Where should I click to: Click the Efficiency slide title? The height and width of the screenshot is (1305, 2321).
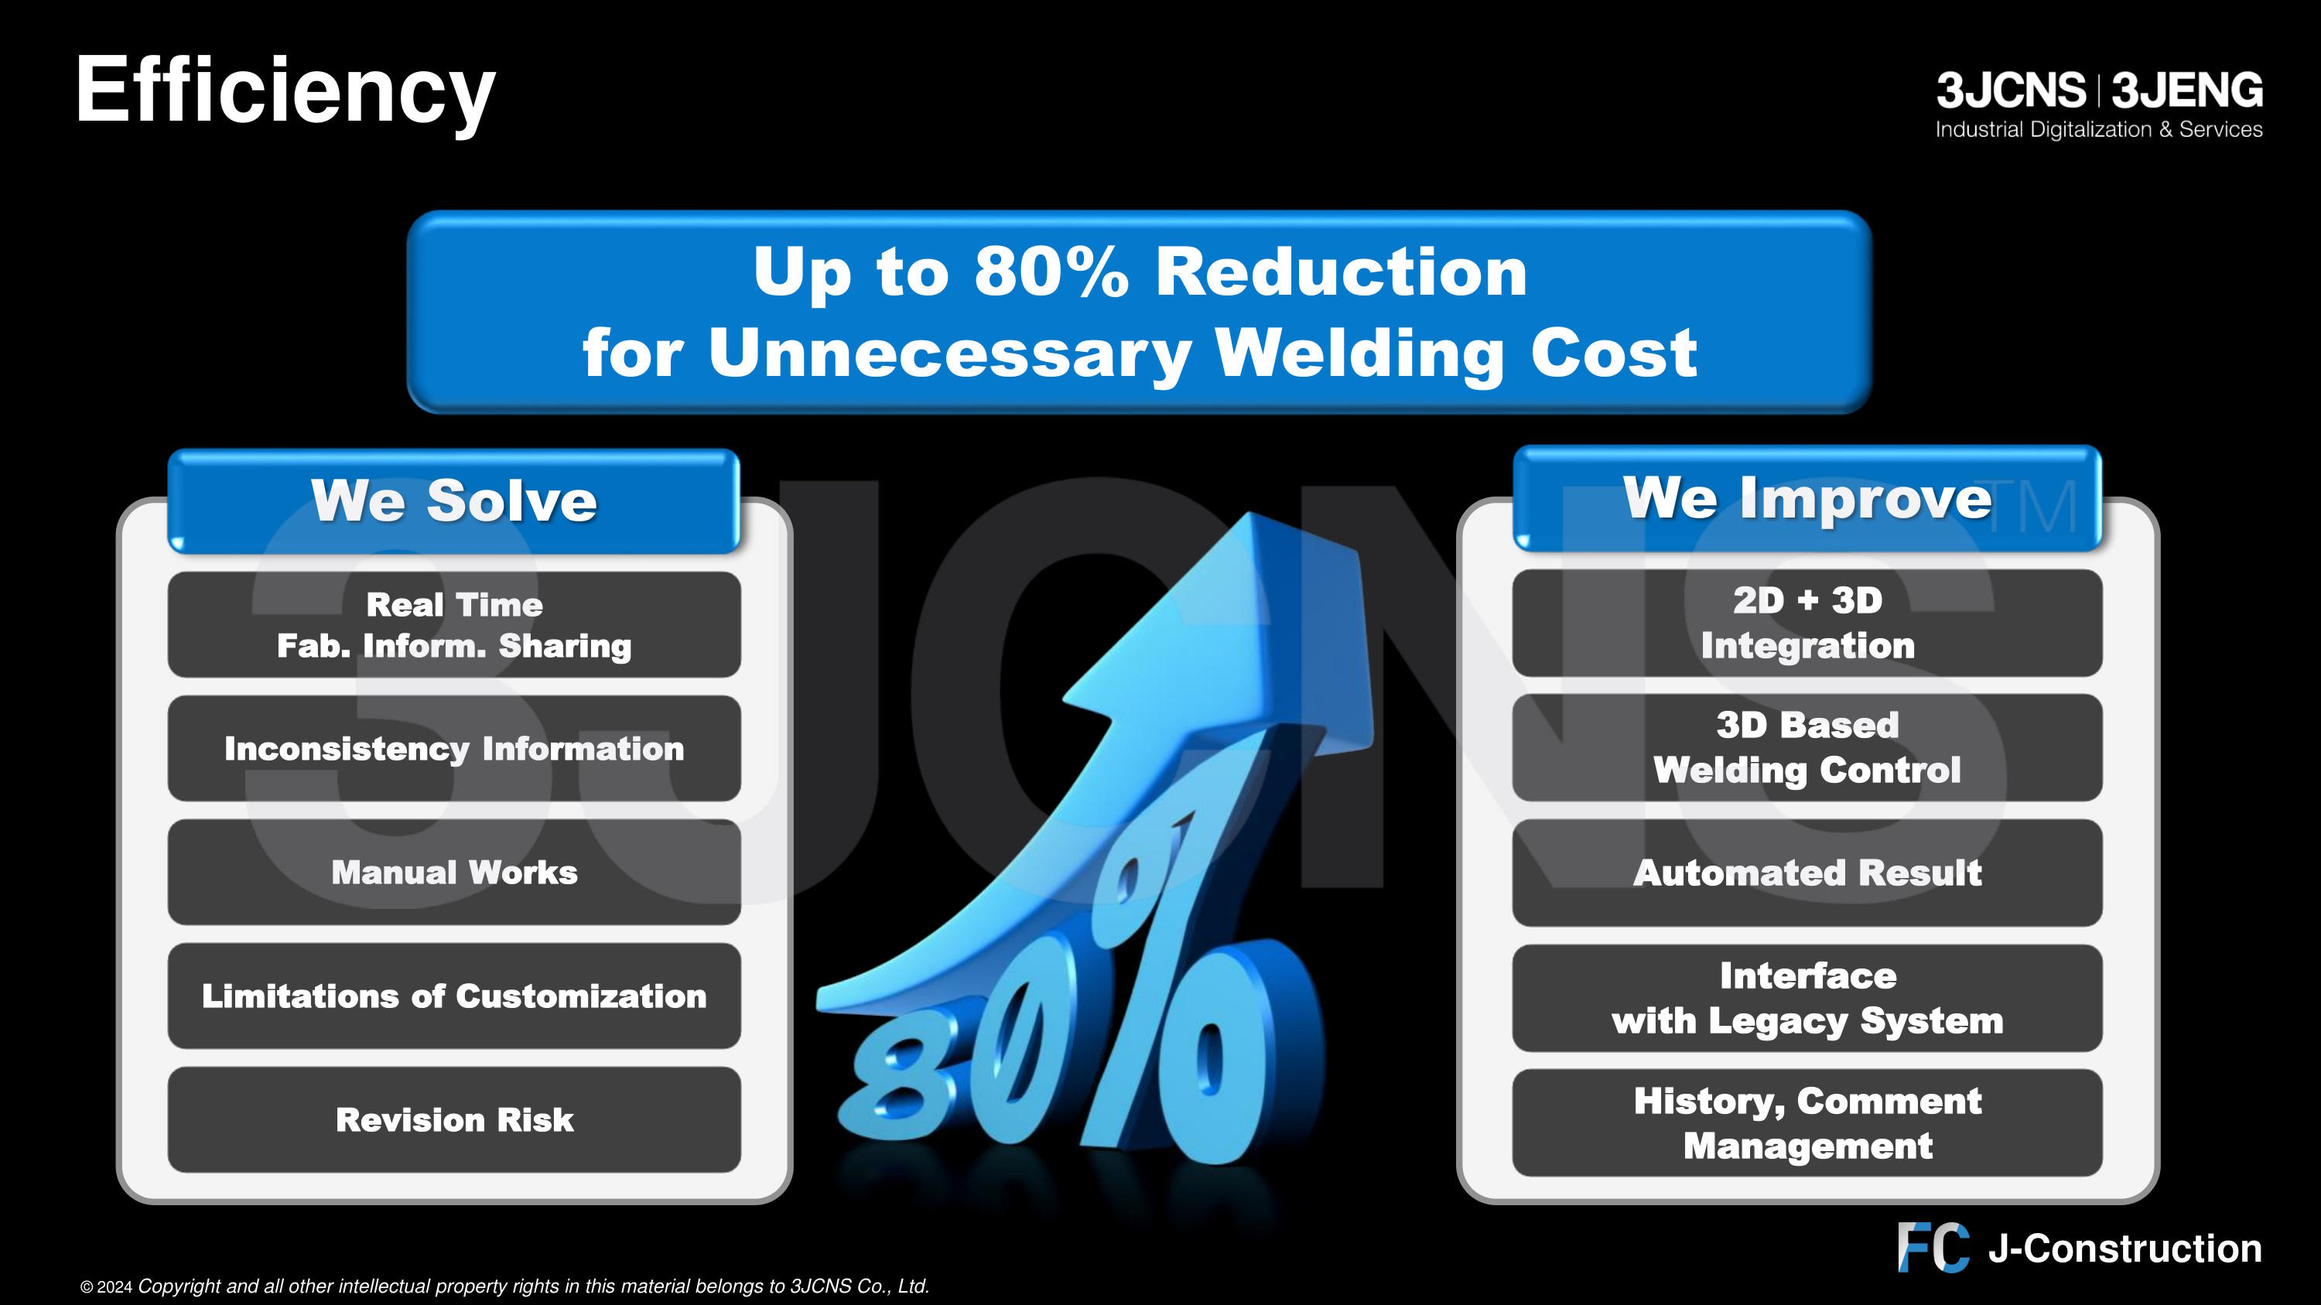285,92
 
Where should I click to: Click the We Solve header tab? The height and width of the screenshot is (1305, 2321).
454,500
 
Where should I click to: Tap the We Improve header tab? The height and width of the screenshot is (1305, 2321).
1807,498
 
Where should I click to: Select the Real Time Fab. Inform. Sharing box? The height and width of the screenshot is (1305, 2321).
454,624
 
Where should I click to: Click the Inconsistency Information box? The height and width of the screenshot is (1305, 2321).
454,748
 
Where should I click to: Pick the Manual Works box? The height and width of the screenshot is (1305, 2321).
454,872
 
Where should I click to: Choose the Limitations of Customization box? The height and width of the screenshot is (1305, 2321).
454,996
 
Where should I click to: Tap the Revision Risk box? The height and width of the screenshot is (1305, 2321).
454,1119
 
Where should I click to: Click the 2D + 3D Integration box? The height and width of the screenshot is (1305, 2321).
1807,622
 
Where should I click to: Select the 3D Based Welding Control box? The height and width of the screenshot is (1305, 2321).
1807,747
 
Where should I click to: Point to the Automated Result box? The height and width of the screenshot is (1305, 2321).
1807,873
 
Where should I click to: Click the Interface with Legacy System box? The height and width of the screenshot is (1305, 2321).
1807,998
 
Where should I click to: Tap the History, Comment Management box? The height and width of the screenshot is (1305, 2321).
1807,1123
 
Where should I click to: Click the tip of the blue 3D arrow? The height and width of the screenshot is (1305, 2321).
1249,514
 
